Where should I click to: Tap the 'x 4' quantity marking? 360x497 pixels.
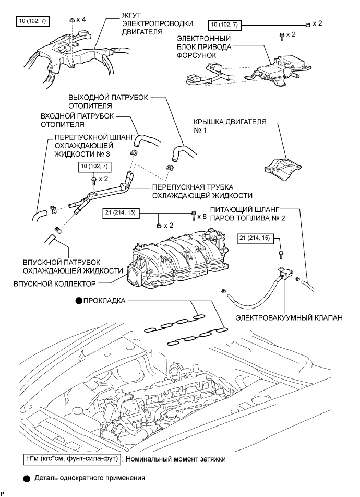coord(81,20)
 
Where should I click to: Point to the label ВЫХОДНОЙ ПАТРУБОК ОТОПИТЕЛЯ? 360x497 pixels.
coord(107,101)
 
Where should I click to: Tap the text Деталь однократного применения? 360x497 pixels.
coord(90,478)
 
